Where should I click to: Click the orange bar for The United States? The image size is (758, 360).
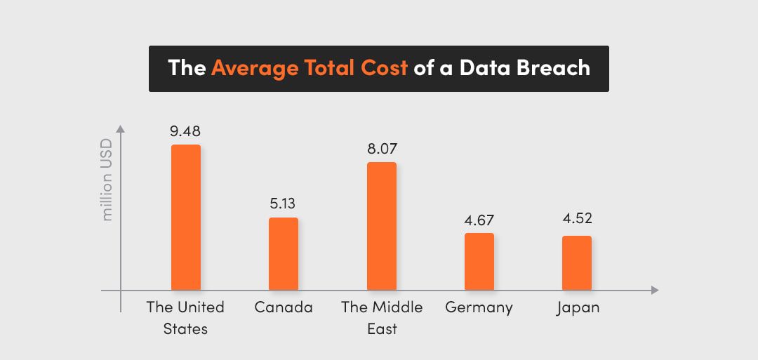point(186,218)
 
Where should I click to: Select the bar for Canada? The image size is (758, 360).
point(284,254)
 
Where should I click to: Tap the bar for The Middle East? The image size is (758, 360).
point(382,226)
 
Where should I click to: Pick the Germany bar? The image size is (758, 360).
point(479,262)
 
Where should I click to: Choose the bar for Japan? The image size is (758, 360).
point(577,263)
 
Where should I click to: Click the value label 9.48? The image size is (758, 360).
point(185,131)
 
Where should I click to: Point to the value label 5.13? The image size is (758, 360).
point(284,204)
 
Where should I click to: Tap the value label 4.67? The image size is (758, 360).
point(479,220)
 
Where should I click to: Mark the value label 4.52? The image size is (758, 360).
point(577,218)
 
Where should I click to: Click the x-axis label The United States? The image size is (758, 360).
point(185,317)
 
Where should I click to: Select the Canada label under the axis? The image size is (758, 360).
point(284,307)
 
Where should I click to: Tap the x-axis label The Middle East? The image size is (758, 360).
point(382,317)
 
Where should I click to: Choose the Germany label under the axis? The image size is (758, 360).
point(479,307)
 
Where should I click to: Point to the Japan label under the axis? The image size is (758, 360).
point(578,308)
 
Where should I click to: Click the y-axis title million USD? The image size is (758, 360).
point(107,181)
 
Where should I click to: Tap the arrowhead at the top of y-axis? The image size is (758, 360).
point(121,129)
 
